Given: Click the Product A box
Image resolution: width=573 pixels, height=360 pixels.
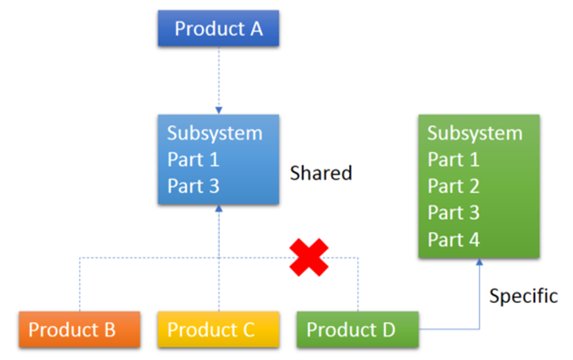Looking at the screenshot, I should coord(218,29).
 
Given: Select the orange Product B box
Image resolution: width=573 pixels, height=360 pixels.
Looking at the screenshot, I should coord(79,329).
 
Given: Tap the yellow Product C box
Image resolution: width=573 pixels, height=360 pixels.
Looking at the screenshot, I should coord(218,329).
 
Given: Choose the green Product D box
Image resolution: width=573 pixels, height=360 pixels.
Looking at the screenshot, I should coord(358,329).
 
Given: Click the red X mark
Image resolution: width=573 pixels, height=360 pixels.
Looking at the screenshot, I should coord(309,257).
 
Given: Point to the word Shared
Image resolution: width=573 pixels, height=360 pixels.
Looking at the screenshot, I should coord(321,173).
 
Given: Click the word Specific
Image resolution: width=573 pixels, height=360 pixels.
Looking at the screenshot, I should coord(523,297).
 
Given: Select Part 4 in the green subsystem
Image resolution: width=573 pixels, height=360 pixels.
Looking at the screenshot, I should coord(453,240).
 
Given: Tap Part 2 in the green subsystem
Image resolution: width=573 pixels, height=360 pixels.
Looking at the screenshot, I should coord(453,187).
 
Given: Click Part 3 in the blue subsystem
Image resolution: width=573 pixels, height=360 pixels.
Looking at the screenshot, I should coord(193,187).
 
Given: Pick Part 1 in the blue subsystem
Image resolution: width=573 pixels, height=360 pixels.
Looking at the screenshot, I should coord(193,160).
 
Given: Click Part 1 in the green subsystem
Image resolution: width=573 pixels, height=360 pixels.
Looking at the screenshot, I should coord(453,160).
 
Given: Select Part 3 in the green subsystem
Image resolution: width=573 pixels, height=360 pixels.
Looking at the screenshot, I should coord(453,214).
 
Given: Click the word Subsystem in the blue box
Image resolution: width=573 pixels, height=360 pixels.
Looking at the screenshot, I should coord(214,133).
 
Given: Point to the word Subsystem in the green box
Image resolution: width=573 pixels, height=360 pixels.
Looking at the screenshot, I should coord(475,133).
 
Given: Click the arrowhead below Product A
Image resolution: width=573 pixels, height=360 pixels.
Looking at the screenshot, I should coord(218,111).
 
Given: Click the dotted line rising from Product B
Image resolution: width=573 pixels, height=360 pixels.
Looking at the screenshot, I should coord(80,285).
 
